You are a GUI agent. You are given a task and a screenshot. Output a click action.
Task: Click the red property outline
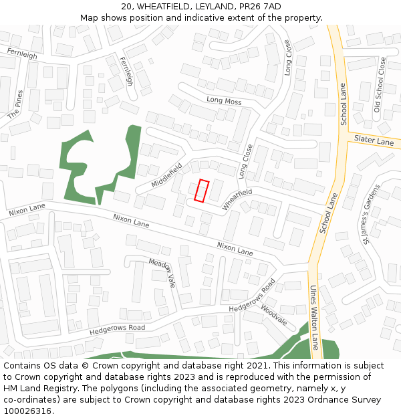click(x=201, y=191)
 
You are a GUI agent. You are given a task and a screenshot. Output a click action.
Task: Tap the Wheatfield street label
click(x=238, y=199)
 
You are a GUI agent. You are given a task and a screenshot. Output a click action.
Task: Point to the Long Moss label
click(x=224, y=101)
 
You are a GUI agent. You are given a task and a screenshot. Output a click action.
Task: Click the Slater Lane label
click(x=374, y=141)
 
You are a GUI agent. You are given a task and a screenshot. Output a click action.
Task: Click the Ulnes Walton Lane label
click(x=313, y=318)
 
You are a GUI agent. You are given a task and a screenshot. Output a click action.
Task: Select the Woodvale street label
click(x=274, y=314)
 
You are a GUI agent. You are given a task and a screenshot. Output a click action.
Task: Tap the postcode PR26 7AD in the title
click(x=256, y=7)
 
